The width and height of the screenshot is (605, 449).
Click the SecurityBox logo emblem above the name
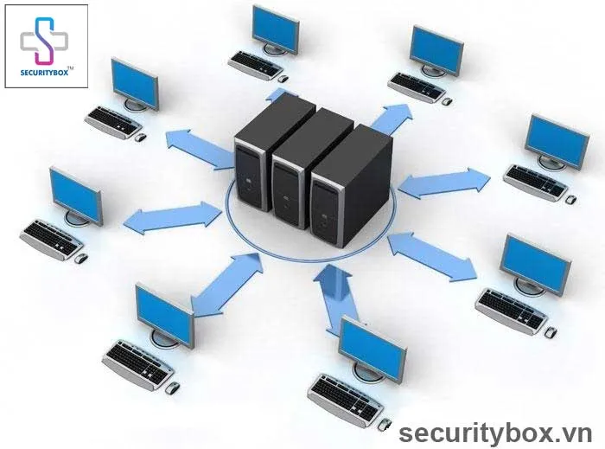tap(46, 38)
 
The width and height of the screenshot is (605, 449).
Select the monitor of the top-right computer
tap(437, 49)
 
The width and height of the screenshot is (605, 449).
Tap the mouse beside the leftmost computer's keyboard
tap(80, 257)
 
